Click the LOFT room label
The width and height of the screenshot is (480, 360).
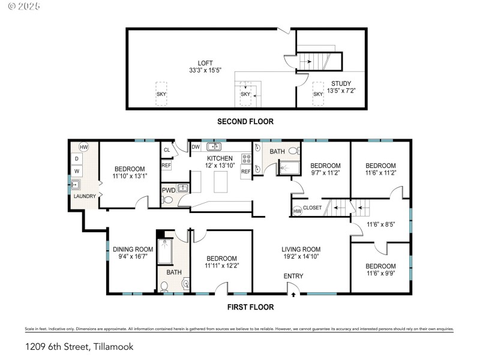pyautogui.click(x=205, y=63)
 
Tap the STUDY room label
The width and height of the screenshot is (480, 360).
pyautogui.click(x=341, y=83)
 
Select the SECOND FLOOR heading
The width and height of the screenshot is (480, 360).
pyautogui.click(x=245, y=121)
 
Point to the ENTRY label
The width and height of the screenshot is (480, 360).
pyautogui.click(x=294, y=276)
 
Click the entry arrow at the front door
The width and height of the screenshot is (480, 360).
pyautogui.click(x=293, y=295)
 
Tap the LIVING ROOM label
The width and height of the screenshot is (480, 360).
pyautogui.click(x=301, y=250)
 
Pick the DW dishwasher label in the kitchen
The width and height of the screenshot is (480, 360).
pyautogui.click(x=196, y=147)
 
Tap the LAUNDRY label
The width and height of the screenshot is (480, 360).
pyautogui.click(x=85, y=196)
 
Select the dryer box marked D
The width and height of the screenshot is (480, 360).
pyautogui.click(x=77, y=158)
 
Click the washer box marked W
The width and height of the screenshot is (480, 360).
pyautogui.click(x=77, y=171)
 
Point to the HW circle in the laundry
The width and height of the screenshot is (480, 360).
pyautogui.click(x=83, y=147)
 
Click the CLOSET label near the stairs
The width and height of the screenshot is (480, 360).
pyautogui.click(x=313, y=208)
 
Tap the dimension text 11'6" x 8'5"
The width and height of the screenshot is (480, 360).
pyautogui.click(x=380, y=226)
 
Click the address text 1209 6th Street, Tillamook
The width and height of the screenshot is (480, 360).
pyautogui.click(x=79, y=346)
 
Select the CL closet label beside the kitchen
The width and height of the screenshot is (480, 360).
pyautogui.click(x=166, y=150)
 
